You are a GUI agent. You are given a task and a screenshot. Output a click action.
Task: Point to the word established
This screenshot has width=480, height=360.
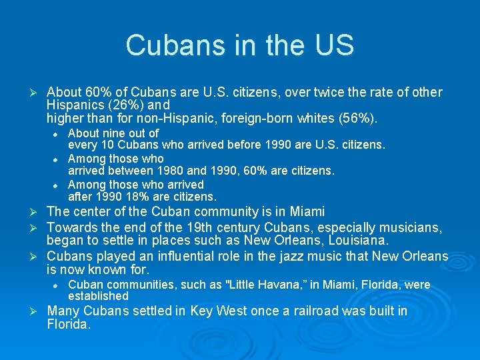[x=98, y=296]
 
